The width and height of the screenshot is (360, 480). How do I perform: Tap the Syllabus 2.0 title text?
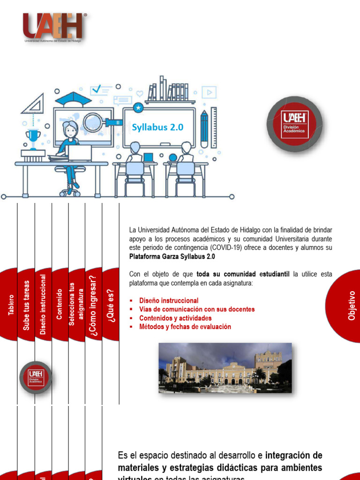tap(157, 127)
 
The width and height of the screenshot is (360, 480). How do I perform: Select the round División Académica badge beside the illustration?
tap(294, 124)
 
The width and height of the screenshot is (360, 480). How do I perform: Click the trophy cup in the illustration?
tap(33, 138)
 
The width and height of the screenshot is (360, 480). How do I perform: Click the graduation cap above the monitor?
tap(73, 99)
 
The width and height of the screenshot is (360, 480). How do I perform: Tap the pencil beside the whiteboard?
tap(204, 128)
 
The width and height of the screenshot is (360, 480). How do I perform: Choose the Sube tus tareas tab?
tap(26, 305)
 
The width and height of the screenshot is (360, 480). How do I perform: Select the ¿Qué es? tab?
tap(111, 305)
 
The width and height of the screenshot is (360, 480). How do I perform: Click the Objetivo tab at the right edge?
tap(352, 305)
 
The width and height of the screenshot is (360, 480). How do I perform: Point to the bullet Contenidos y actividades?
tap(175, 318)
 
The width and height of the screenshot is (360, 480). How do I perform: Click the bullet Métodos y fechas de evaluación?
tap(185, 327)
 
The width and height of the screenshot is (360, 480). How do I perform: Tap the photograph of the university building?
tap(225, 368)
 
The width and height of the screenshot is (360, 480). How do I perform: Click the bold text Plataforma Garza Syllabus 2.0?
tap(172, 256)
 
